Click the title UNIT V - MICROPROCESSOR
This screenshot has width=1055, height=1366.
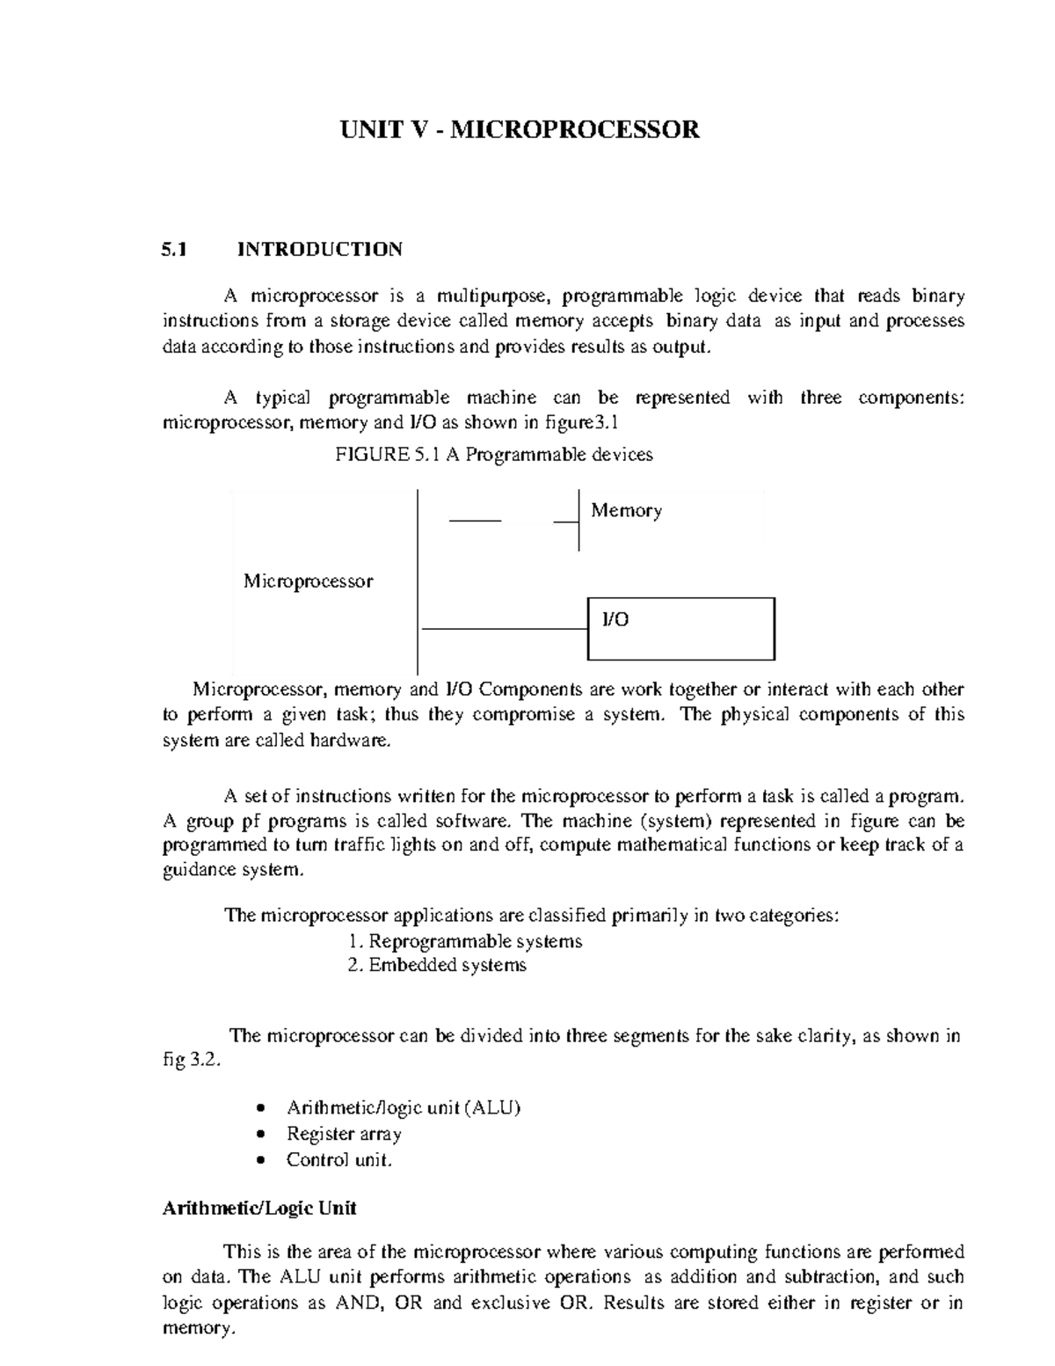(520, 130)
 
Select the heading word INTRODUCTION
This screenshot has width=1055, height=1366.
(320, 249)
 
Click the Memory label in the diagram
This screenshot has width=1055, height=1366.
(626, 511)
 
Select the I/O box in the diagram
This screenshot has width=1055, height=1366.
(680, 628)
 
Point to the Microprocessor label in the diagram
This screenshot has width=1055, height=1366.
(308, 581)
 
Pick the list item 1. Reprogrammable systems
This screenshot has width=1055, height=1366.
(465, 941)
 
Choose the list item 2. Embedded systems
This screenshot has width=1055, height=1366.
(437, 966)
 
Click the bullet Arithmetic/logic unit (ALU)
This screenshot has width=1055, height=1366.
(404, 1107)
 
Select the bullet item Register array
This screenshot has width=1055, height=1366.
(344, 1134)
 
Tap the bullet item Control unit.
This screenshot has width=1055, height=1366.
(338, 1160)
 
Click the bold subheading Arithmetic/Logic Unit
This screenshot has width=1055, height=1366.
(259, 1209)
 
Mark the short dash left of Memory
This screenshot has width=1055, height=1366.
(475, 522)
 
